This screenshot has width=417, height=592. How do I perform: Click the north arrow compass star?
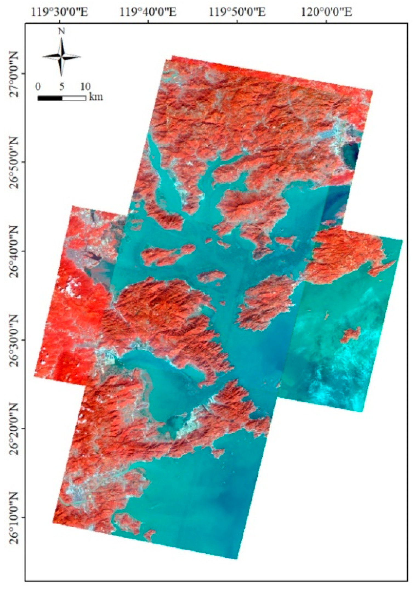pyautogui.click(x=61, y=57)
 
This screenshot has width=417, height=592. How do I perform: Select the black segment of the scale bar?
pyautogui.click(x=50, y=98)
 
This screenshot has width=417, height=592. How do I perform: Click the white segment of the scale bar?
pyautogui.click(x=74, y=98)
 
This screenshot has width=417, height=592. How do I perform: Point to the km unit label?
pyautogui.click(x=96, y=97)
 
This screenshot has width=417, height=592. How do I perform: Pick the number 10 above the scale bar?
pyautogui.click(x=85, y=87)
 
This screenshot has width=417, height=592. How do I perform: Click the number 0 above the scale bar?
pyautogui.click(x=38, y=87)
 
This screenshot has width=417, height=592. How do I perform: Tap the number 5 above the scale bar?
pyautogui.click(x=62, y=87)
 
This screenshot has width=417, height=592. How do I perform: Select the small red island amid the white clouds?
pyautogui.click(x=350, y=334)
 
